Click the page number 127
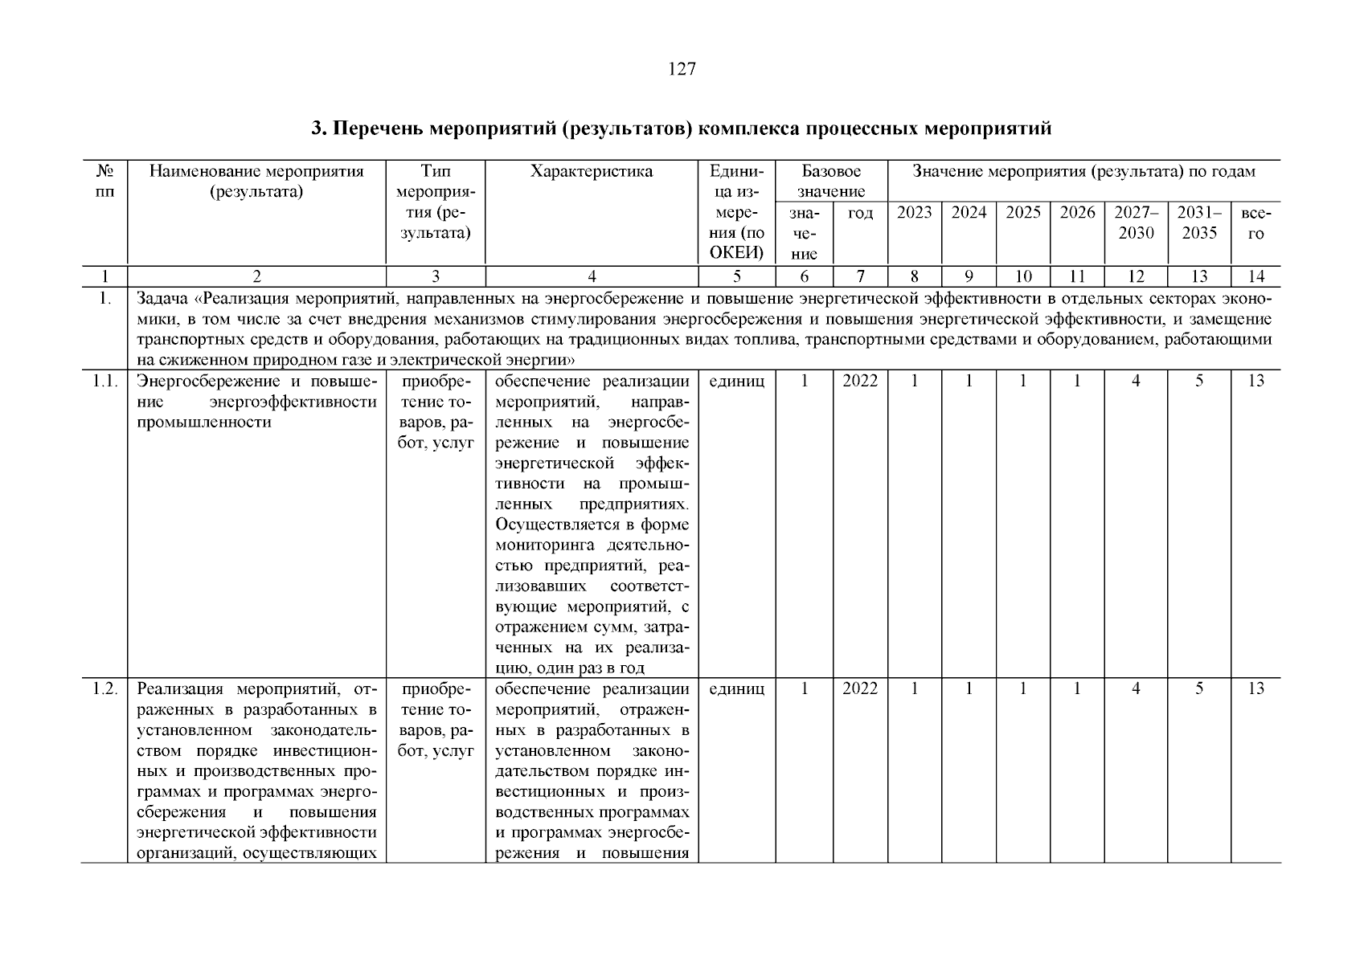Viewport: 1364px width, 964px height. [x=681, y=69]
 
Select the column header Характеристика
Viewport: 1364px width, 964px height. [x=592, y=172]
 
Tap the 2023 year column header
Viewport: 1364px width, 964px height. [x=914, y=213]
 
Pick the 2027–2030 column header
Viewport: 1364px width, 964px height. [x=1136, y=223]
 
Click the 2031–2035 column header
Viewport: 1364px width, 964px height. [x=1198, y=223]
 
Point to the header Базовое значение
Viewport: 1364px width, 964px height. [x=831, y=182]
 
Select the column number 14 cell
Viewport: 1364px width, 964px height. [x=1255, y=277]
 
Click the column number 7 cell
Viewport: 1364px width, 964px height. [x=859, y=277]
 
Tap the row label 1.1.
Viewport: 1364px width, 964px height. [x=104, y=382]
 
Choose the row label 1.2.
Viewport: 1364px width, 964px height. [x=104, y=689]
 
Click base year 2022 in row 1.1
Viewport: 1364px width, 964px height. [x=860, y=382]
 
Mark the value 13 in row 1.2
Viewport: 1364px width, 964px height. [x=1255, y=689]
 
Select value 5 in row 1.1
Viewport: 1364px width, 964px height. [x=1198, y=382]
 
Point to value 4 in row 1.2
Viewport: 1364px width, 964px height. [x=1136, y=689]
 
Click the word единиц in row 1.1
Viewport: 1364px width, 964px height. [x=736, y=382]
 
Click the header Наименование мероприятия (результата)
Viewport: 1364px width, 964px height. [x=256, y=182]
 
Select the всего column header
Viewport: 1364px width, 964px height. [x=1255, y=223]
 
